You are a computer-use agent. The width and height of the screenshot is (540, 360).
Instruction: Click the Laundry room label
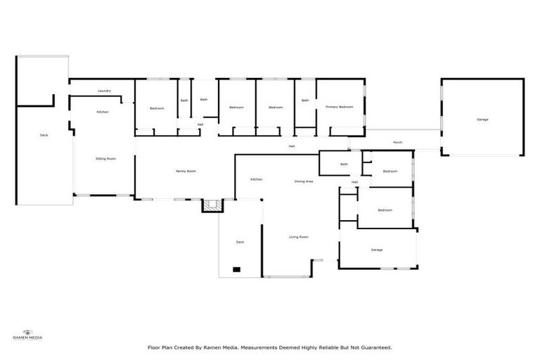tap(104, 91)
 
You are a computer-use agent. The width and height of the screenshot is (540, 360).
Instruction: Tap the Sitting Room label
tap(105, 159)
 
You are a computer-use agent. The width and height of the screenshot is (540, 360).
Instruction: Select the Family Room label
tap(186, 172)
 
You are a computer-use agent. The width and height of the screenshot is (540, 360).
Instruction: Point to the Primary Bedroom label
tap(339, 107)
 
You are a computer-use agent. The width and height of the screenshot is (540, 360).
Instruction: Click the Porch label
tap(397, 143)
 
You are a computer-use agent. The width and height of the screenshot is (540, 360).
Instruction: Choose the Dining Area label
tap(304, 181)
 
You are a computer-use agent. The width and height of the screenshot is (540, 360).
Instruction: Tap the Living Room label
tap(299, 237)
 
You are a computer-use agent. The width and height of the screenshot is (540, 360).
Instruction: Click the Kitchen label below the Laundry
tap(103, 112)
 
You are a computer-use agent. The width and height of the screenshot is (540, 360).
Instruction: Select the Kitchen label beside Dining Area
tap(257, 179)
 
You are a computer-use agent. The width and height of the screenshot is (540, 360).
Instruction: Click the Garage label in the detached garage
tap(482, 120)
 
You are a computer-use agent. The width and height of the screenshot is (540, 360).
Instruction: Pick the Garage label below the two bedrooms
tap(377, 250)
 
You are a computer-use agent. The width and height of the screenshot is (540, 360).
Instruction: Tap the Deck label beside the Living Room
tap(240, 242)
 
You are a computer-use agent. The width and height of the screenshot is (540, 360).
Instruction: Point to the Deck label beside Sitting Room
tap(44, 135)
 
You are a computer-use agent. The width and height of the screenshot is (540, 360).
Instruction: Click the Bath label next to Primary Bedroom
tap(305, 101)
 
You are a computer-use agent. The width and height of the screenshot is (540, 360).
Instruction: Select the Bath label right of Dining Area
tap(344, 165)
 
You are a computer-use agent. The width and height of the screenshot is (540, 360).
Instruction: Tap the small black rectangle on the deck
tap(237, 269)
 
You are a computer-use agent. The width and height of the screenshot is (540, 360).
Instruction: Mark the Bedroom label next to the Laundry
tap(157, 108)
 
